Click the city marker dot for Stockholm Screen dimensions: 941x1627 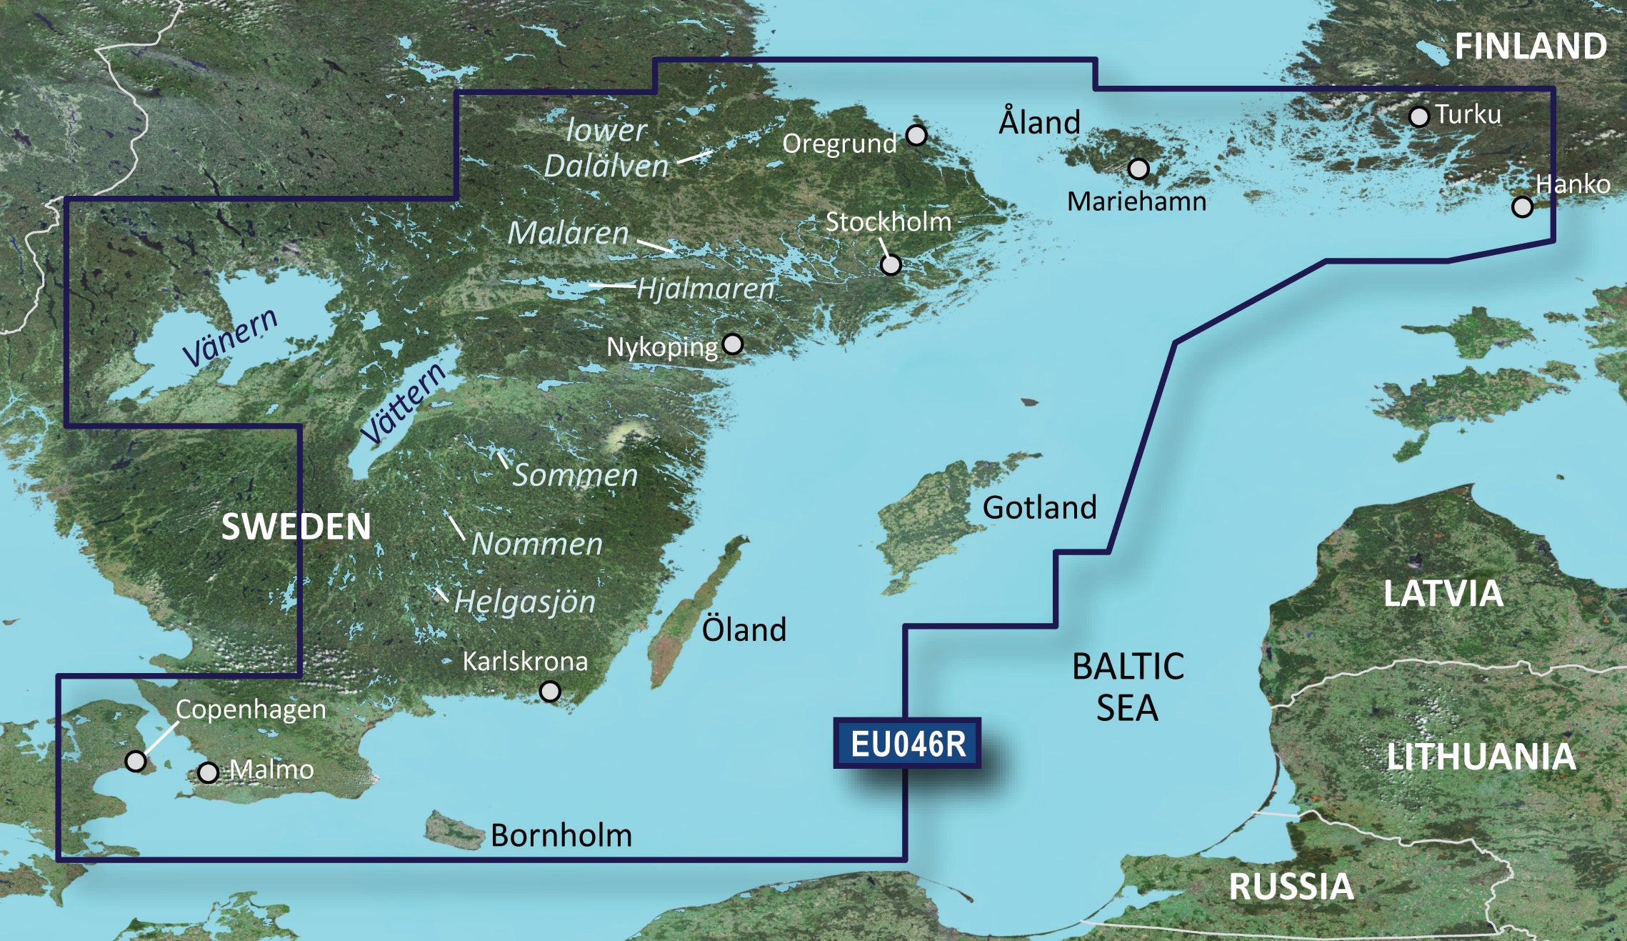(891, 265)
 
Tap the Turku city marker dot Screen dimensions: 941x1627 (1418, 116)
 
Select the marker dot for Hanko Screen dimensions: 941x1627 (1522, 207)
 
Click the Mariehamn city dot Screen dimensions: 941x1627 (1138, 169)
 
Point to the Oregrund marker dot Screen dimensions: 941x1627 (916, 135)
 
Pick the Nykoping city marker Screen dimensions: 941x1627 (733, 344)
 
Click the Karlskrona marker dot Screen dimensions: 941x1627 (550, 692)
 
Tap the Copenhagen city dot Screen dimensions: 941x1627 (136, 761)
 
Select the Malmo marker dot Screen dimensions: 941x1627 (208, 773)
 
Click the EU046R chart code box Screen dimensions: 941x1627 (907, 745)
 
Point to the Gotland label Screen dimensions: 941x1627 (1039, 508)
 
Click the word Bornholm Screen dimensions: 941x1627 (561, 836)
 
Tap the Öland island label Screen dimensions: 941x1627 (744, 630)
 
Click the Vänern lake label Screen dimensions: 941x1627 (230, 338)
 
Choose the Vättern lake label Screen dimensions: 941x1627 (404, 404)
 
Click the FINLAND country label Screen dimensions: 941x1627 (1531, 47)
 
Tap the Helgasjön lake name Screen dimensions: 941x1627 (524, 602)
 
